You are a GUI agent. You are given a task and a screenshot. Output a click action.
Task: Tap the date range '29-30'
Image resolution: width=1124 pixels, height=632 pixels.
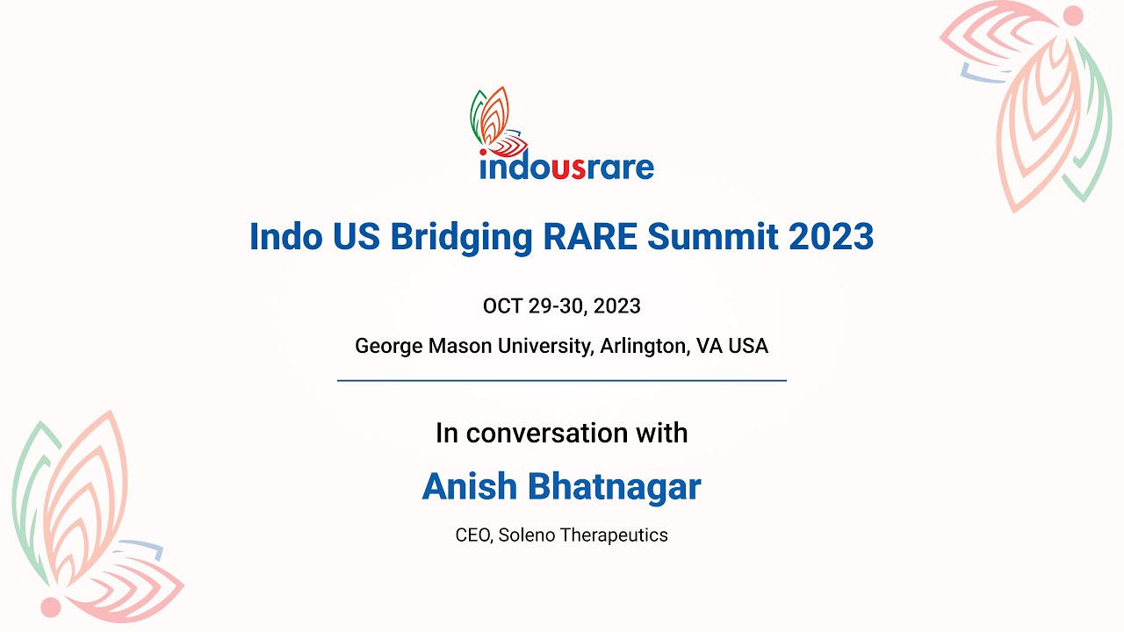(x=559, y=306)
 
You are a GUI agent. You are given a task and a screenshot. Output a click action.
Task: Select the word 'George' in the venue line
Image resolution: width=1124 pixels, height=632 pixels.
(x=388, y=346)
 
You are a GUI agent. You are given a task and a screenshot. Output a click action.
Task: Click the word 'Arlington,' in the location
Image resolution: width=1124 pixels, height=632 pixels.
(x=645, y=346)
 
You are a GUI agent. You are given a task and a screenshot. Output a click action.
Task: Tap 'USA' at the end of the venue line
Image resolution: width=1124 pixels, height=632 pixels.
(x=748, y=346)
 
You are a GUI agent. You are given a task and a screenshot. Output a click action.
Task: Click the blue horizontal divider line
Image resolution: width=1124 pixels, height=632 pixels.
(x=561, y=381)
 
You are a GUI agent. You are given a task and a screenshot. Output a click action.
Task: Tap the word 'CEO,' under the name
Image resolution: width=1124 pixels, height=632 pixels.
(x=474, y=535)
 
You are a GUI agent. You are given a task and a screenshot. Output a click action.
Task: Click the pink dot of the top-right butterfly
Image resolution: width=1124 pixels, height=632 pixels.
(x=1072, y=16)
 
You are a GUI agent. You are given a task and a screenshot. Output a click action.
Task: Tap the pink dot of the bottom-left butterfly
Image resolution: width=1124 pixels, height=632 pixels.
(x=51, y=607)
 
